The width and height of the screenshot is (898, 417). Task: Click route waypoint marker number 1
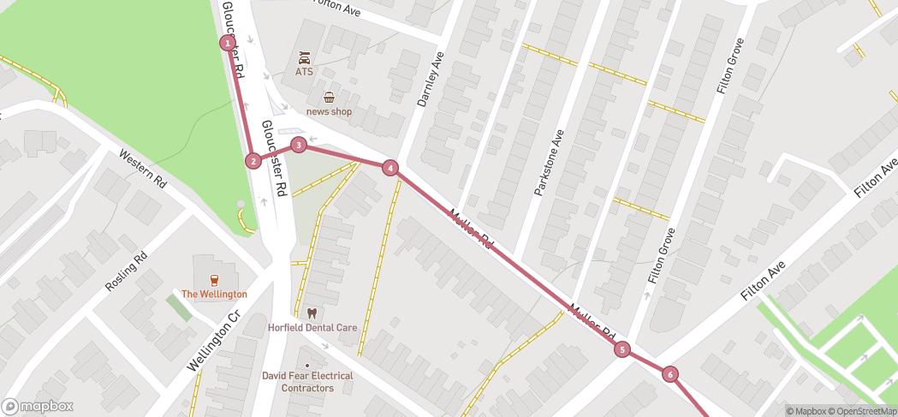pos(228,43)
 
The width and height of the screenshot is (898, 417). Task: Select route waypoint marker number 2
pos(253,160)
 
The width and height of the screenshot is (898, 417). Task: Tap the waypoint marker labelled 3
pos(298,145)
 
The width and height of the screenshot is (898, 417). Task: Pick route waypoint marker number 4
pos(390,168)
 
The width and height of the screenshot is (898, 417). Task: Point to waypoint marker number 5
pos(621,348)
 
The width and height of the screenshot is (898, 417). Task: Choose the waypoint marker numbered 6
pos(669,374)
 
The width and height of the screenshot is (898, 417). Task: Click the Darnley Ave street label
pos(431,80)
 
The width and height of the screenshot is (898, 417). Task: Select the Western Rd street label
pos(142,169)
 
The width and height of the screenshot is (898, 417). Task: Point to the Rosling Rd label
pos(127,271)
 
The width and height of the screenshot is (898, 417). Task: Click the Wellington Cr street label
pos(211,345)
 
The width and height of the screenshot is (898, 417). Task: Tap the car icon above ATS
pos(304,58)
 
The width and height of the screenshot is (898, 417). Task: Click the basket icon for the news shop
pos(329,98)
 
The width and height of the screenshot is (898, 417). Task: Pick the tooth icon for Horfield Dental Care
pos(311,313)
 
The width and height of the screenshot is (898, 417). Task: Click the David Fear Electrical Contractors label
pos(307,382)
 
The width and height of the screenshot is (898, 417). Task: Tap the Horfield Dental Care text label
pos(312,328)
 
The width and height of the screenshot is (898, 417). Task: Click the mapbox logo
pos(38,406)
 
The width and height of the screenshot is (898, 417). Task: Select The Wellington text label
pos(214,294)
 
